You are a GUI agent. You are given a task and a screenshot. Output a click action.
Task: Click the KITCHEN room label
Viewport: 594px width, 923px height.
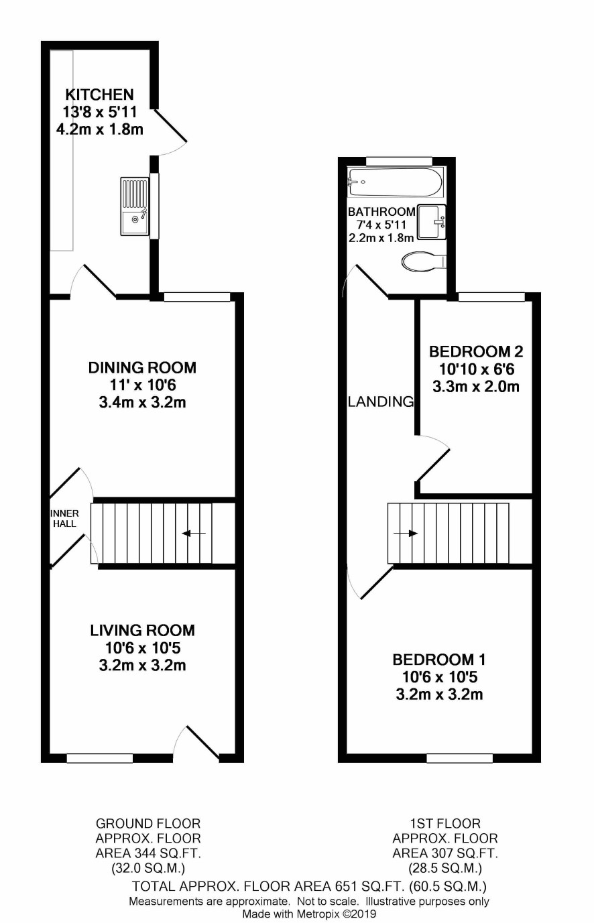(x=100, y=95)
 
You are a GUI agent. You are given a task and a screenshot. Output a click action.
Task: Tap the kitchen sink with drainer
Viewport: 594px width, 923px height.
(x=134, y=206)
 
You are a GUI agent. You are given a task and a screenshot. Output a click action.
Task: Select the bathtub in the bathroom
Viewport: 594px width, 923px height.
(x=396, y=182)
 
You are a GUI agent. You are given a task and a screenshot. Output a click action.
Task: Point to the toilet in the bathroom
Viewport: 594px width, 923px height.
(x=424, y=261)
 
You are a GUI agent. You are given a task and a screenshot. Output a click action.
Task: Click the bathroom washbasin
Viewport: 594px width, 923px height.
(x=432, y=222)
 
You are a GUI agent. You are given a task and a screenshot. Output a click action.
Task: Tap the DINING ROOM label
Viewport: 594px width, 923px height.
(x=142, y=367)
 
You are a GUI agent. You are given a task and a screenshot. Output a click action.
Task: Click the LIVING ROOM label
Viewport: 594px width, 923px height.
(x=142, y=630)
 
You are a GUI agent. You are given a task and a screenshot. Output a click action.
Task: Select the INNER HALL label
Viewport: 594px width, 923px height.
(x=64, y=518)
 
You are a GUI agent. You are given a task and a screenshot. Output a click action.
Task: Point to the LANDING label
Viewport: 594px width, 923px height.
(x=381, y=402)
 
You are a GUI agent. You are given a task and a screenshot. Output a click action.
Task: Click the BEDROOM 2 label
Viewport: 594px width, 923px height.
(x=476, y=351)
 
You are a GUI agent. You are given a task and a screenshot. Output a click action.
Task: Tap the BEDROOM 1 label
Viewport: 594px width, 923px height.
(x=439, y=660)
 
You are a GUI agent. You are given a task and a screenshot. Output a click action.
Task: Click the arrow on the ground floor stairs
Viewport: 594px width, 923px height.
(x=194, y=534)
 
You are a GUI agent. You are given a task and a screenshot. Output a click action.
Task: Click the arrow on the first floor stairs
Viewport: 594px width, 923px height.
(x=406, y=534)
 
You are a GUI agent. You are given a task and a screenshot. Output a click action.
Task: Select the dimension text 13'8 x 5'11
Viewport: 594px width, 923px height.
(x=100, y=112)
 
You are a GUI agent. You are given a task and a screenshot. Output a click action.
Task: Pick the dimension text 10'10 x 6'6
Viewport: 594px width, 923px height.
(x=476, y=369)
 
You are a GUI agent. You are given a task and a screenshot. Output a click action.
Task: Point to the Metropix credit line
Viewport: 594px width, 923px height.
(x=309, y=914)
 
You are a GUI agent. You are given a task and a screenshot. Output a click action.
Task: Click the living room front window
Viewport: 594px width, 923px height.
(x=100, y=758)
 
